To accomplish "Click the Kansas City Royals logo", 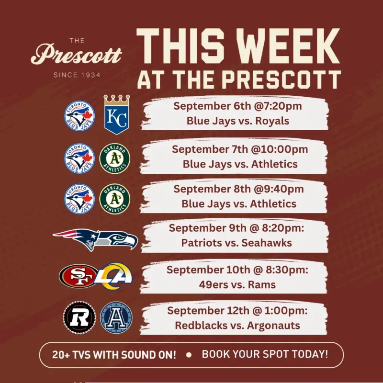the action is (x=117, y=114).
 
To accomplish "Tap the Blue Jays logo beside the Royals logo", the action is (x=79, y=116).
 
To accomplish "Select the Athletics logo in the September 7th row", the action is (x=115, y=158).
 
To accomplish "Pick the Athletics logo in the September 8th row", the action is (x=115, y=199).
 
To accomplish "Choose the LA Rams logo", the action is (x=114, y=276).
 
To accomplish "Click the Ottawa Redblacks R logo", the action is (x=79, y=317).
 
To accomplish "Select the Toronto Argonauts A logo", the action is (x=116, y=317).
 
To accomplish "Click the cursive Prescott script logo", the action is (x=76, y=54).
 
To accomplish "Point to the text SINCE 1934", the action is (x=77, y=75).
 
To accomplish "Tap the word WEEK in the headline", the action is (x=289, y=46).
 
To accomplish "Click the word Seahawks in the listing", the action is (x=267, y=243).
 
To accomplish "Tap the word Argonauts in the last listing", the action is (x=273, y=326).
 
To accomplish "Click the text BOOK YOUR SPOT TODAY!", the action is (x=265, y=354).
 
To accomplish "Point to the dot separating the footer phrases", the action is (x=189, y=355).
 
